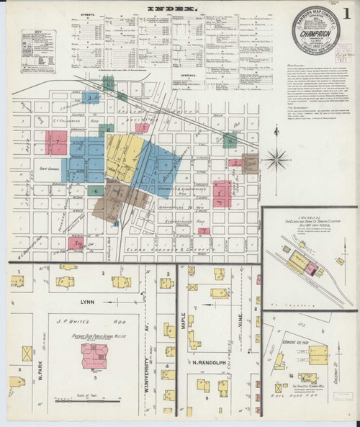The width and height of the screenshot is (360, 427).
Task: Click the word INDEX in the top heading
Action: [171, 10]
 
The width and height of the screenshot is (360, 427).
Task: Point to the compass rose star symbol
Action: [276, 157]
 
